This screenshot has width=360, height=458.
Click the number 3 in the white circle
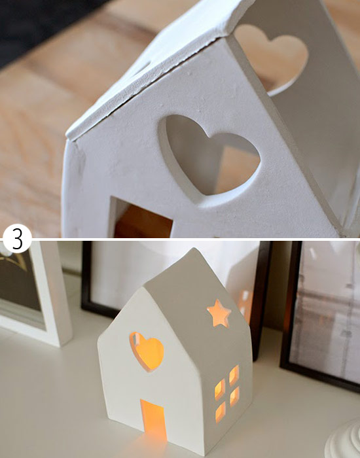(17, 239)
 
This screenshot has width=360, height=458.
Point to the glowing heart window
(147, 351)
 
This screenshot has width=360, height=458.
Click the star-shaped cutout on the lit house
(219, 313)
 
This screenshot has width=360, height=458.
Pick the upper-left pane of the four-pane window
(220, 390)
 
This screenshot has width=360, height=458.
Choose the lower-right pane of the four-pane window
(234, 396)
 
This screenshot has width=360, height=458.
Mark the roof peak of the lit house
(193, 249)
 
